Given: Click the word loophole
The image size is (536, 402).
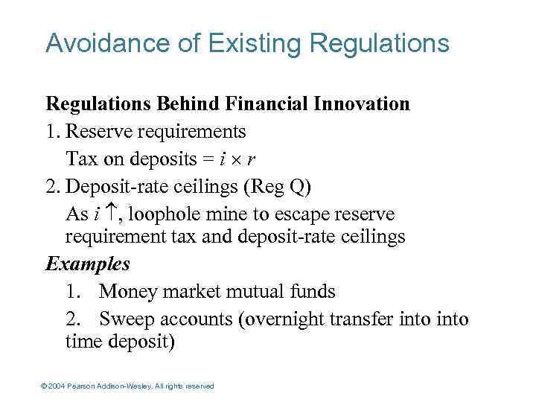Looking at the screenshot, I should [160, 214].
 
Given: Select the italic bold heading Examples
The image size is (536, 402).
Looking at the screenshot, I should [88, 264].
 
